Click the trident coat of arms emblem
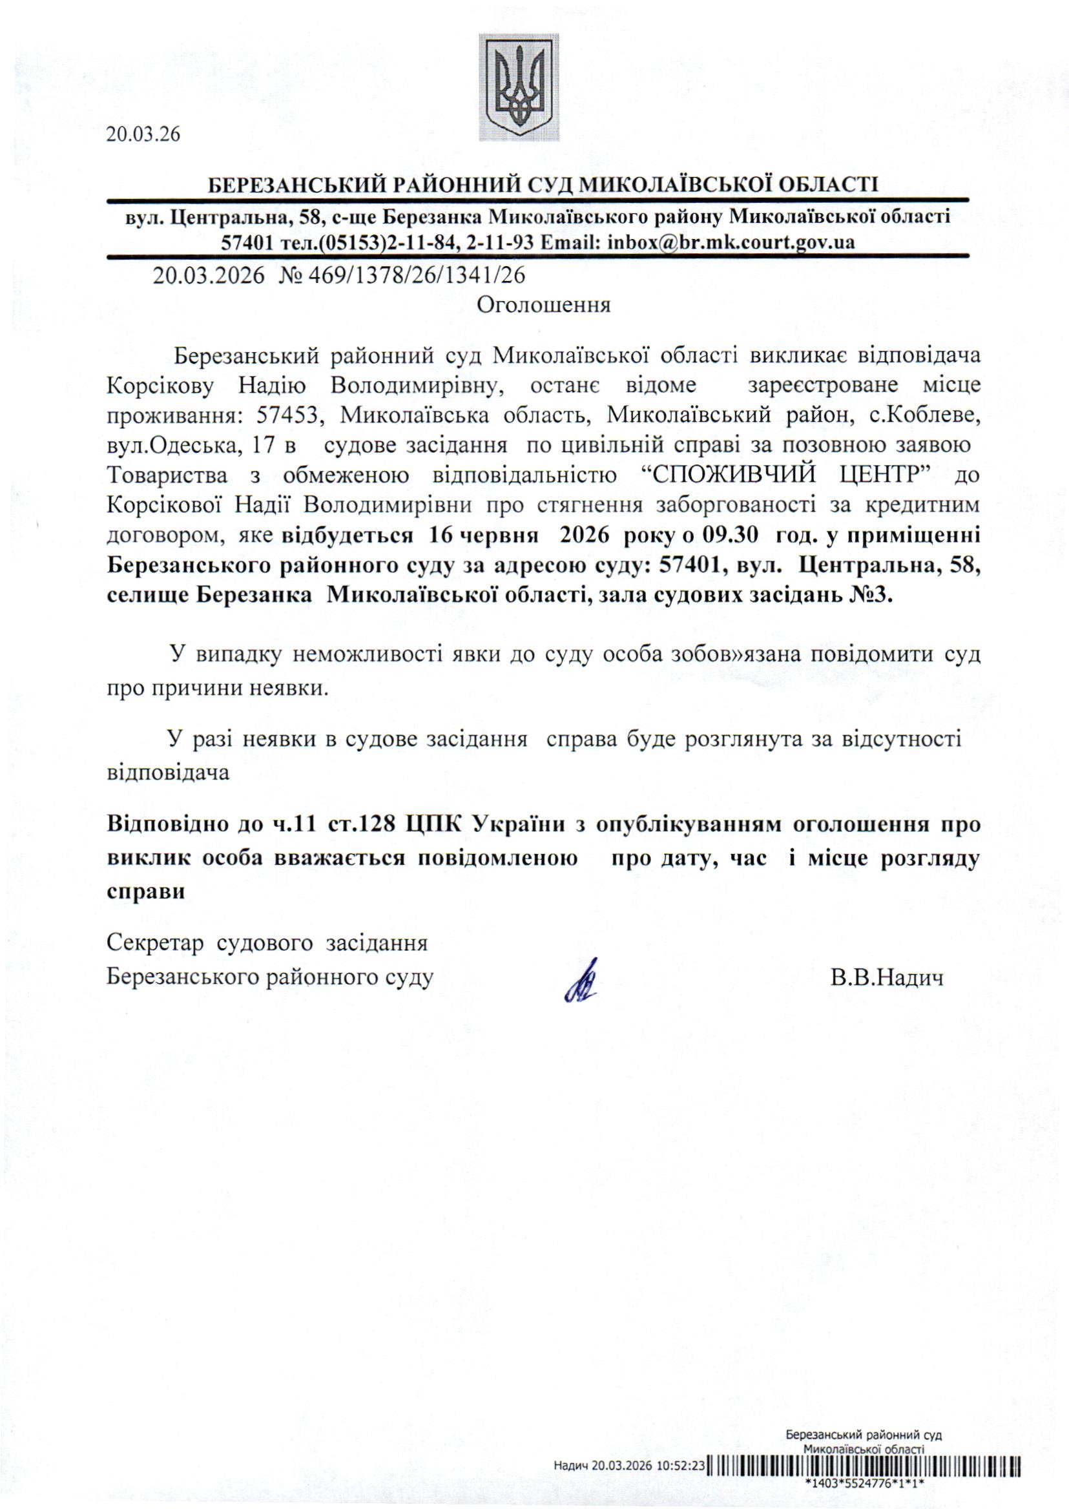coord(519,87)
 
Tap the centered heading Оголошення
coord(543,305)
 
